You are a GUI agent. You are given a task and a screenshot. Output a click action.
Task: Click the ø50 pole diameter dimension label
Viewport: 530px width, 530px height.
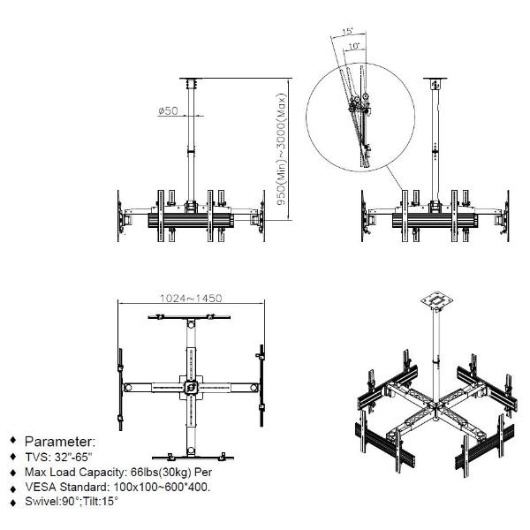click(168, 110)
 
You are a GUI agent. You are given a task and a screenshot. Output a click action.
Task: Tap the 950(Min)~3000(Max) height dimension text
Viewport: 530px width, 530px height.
click(281, 149)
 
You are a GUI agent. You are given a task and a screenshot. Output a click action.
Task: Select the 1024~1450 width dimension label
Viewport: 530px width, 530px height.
click(191, 299)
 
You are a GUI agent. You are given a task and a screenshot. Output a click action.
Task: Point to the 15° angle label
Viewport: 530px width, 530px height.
click(347, 31)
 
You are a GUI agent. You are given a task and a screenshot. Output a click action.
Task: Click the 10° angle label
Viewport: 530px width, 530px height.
click(353, 46)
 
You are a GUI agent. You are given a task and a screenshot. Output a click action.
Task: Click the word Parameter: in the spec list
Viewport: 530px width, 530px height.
click(60, 442)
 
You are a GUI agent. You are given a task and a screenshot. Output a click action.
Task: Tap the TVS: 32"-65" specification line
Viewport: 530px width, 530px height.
click(58, 457)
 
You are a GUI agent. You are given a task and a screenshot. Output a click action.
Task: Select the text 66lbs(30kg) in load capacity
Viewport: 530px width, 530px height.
click(161, 472)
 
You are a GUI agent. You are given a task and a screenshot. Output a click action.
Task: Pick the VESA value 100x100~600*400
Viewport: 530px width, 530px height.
click(162, 487)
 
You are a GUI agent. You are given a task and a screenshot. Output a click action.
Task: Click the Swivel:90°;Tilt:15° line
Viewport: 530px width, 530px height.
click(72, 501)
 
